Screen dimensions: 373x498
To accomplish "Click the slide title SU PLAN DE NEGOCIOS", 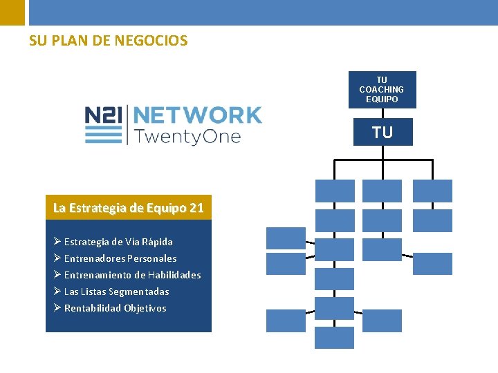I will (108, 41).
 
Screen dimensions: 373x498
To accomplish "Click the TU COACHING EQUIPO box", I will (382, 90).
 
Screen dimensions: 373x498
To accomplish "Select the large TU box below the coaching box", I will (382, 132).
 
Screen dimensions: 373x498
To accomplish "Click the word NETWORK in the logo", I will (196, 115).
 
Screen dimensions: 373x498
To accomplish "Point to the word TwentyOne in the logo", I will (187, 136).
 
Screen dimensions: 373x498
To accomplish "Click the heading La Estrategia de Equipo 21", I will (129, 207).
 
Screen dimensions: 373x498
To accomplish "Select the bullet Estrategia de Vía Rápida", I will (118, 242).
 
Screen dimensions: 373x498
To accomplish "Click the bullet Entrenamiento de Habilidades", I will (132, 275).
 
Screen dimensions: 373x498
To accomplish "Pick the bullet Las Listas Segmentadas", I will (116, 291).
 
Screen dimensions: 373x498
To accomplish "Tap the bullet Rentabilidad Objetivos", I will (115, 308).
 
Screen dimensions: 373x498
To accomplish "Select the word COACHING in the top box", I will (382, 90).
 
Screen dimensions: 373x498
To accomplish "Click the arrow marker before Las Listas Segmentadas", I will (57, 291).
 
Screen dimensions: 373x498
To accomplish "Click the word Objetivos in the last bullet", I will (145, 308).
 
